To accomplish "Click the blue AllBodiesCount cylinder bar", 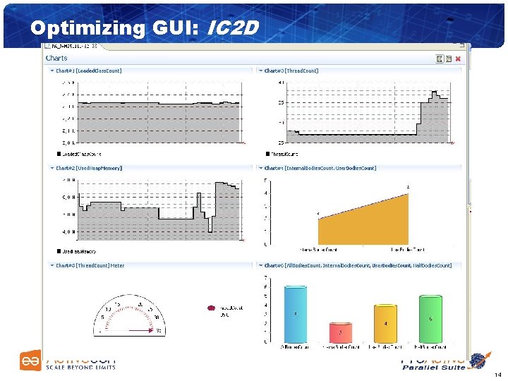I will pos(296,315).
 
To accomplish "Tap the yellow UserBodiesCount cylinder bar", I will pos(386,324).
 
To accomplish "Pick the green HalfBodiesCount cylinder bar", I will pos(430,320).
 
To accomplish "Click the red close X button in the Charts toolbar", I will pos(457,59).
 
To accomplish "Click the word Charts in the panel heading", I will pos(56,58).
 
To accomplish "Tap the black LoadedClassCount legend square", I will pos(59,153).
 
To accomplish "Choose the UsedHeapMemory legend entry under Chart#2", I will pos(78,250).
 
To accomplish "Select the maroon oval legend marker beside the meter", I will pos(210,308).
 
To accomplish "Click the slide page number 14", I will pos(498,374).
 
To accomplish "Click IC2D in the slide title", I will pos(233,28).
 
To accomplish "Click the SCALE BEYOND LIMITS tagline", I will pos(80,368).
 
